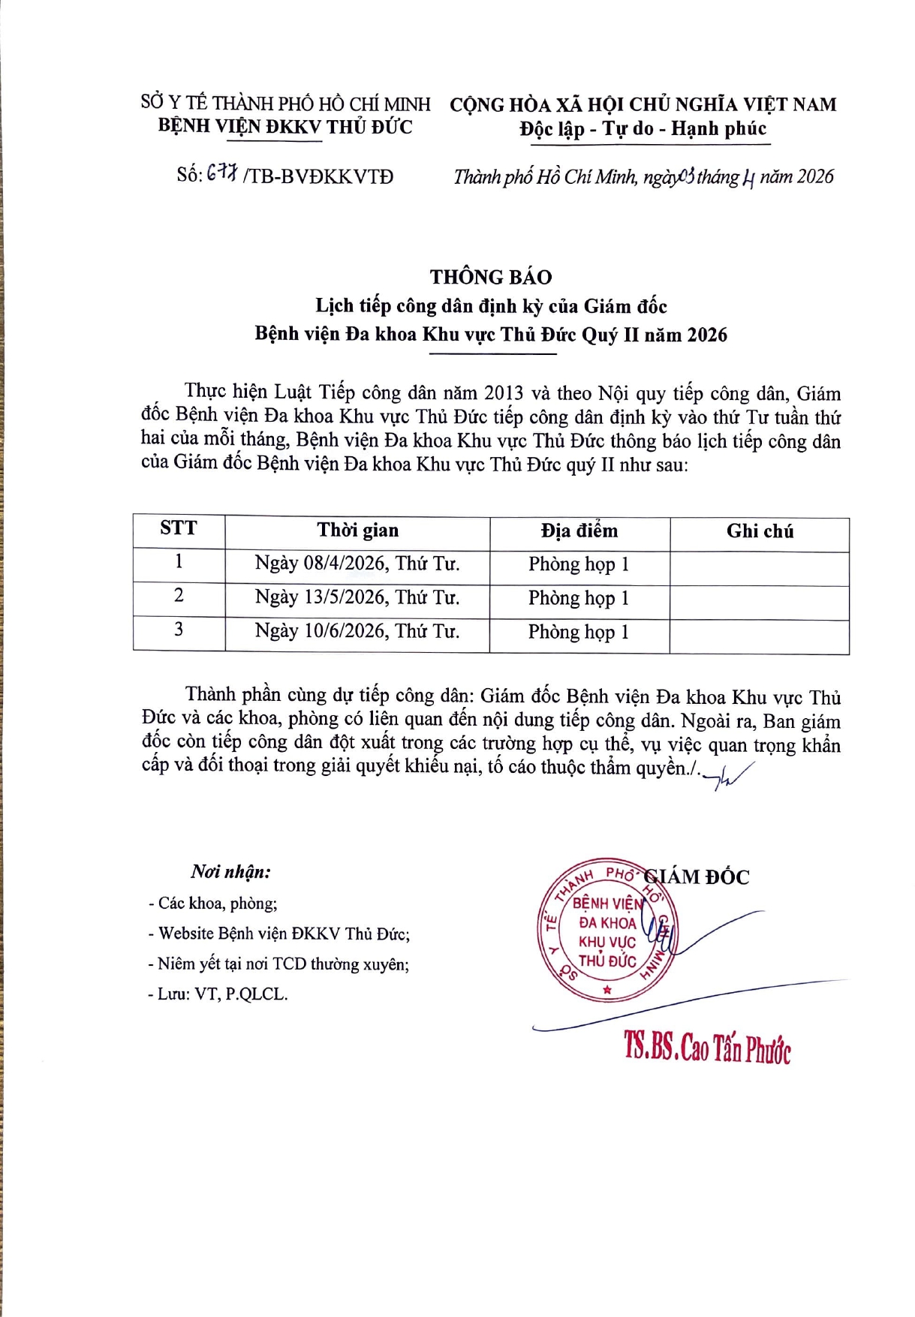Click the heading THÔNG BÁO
491,277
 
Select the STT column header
179,528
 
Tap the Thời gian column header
357,531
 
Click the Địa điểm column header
579,531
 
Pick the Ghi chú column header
760,531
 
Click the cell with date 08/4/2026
357,564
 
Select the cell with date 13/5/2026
357,597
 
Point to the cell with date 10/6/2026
357,631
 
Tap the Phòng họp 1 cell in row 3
579,632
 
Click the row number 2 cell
179,596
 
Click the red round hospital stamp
606,931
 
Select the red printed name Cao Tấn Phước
707,1048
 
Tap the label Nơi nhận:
230,872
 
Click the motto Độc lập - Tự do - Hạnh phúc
643,129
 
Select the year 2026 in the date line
815,176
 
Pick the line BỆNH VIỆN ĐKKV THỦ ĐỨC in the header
285,126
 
